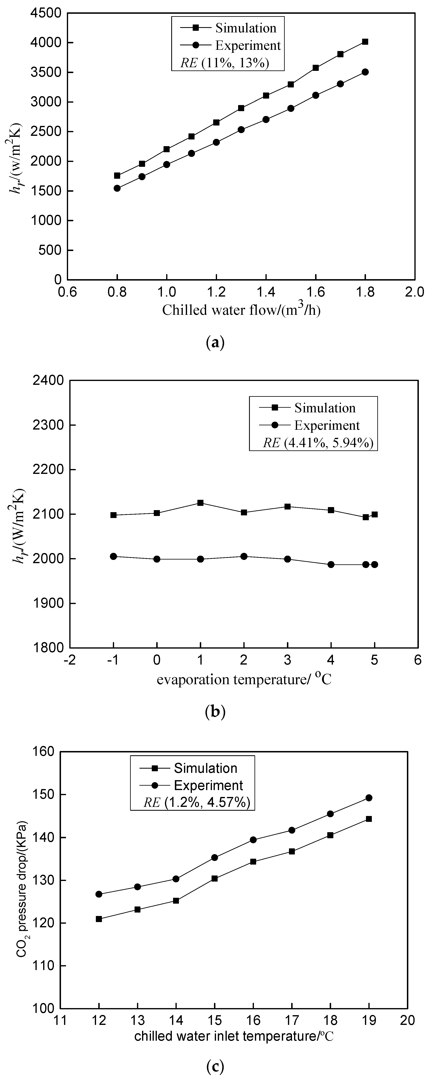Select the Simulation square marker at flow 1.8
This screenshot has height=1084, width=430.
tap(365, 42)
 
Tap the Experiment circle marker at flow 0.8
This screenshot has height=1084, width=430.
tap(117, 188)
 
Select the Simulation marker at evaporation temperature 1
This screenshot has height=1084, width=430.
tap(200, 503)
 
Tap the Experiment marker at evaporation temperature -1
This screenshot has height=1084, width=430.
tap(113, 556)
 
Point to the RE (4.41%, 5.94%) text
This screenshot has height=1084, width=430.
tap(318, 443)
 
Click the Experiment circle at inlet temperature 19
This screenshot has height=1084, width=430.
tap(369, 798)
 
